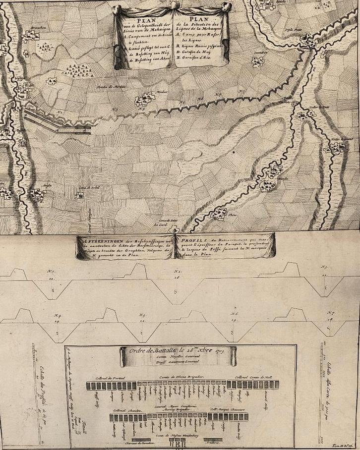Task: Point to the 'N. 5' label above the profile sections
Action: click(x=142, y=315)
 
